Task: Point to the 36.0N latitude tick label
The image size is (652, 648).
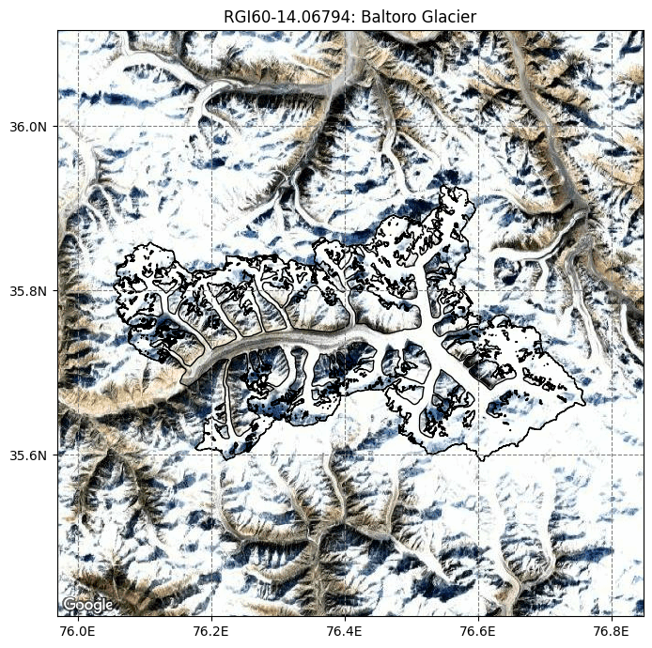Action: coord(29,126)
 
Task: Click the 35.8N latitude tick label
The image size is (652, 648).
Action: coord(29,291)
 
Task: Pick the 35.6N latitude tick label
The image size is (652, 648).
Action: coord(29,455)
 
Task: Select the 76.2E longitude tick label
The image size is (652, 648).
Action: coord(211,630)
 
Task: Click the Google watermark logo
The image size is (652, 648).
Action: coord(87,604)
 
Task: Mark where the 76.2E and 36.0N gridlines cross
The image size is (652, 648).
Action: coord(211,126)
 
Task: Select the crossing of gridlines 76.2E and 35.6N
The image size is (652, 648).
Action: coord(211,455)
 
